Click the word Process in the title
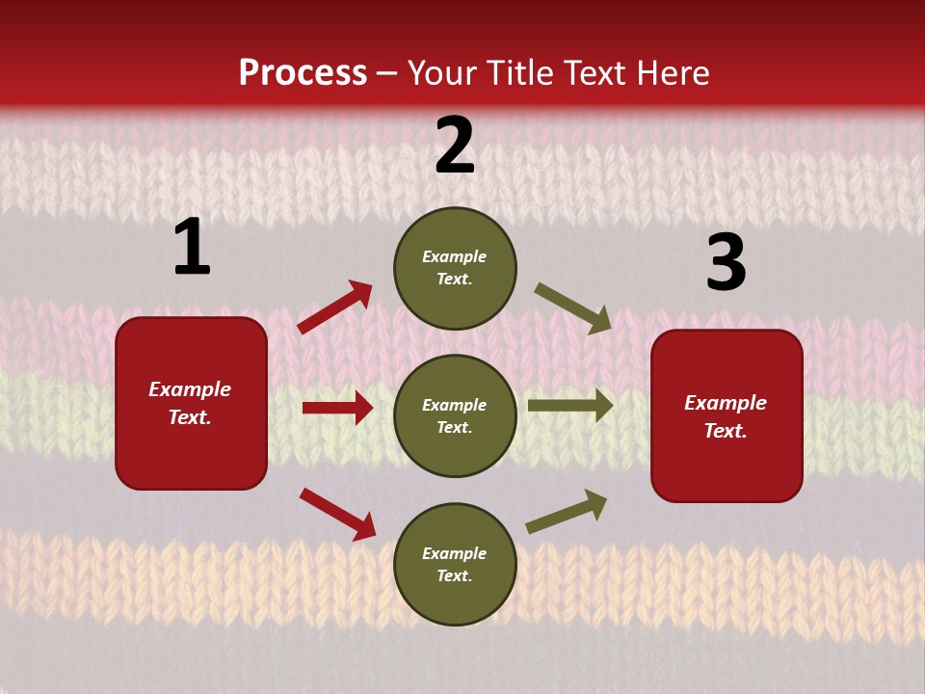(x=303, y=73)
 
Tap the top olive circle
(x=455, y=268)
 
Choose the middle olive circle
(x=455, y=416)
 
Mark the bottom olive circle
(x=455, y=565)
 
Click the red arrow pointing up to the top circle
(x=335, y=307)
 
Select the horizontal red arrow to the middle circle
(x=337, y=408)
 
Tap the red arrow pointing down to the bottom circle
(x=337, y=513)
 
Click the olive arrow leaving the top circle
(x=573, y=308)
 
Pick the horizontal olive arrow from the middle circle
(x=570, y=406)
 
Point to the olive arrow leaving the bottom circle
(x=567, y=512)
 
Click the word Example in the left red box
(x=190, y=389)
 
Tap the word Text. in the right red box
(x=726, y=431)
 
